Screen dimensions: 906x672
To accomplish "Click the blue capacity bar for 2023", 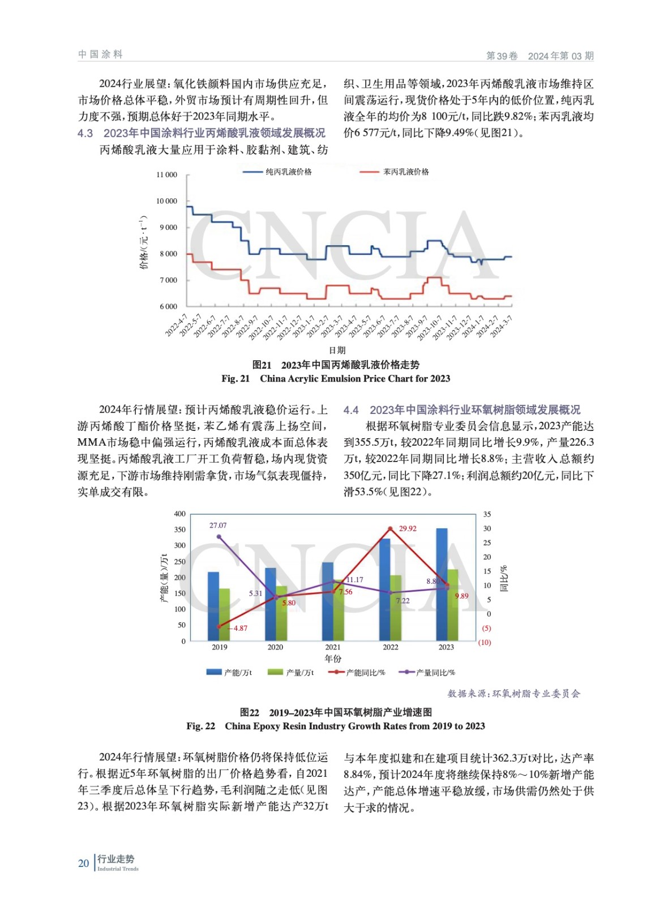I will [442, 583].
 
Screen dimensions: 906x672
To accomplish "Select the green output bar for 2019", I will [224, 614].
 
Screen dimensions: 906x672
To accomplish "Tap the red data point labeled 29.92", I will [390, 528].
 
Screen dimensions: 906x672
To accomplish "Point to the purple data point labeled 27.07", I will [219, 537].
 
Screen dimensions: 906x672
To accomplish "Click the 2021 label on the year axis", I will [333, 647].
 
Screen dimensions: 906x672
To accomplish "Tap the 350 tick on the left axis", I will [179, 529].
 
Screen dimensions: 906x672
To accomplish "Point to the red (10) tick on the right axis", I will [485, 642].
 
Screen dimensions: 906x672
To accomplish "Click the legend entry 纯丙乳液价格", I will [288, 172].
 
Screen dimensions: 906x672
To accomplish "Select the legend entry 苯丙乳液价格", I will [405, 172].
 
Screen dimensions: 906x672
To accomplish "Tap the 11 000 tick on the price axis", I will [166, 175].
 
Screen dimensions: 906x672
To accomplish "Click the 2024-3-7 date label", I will [502, 326].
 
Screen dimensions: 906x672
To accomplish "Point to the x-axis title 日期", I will [337, 350].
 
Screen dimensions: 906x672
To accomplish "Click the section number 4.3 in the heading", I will [85, 133].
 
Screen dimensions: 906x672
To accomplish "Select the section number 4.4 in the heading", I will [351, 410].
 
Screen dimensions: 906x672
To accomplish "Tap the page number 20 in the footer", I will [83, 863].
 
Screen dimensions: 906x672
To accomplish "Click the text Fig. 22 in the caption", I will [201, 726].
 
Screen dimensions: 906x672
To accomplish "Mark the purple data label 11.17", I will [354, 579].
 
